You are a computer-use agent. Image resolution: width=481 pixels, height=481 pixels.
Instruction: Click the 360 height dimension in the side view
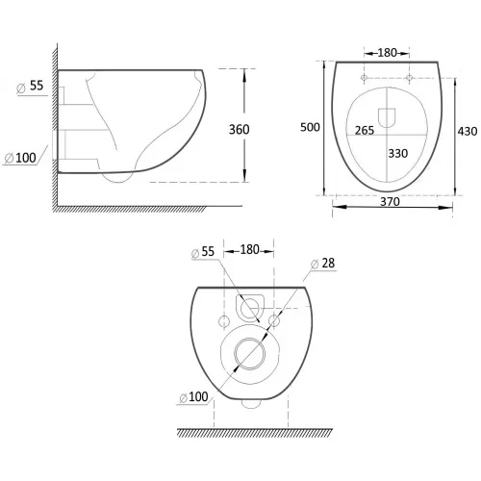(x=239, y=130)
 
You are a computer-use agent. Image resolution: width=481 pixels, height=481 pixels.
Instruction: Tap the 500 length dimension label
(x=310, y=127)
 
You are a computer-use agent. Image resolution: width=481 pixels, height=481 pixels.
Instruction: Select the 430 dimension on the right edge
(x=468, y=131)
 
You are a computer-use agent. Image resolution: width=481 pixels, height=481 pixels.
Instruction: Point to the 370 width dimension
(x=390, y=202)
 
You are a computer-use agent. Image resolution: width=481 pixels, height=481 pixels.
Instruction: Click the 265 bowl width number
(x=365, y=130)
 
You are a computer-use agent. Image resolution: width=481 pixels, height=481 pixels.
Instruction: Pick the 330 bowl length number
(x=398, y=153)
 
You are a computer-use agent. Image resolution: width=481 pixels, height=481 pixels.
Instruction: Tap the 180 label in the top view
(x=387, y=53)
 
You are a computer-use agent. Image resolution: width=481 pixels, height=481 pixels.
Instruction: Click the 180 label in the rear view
(x=249, y=249)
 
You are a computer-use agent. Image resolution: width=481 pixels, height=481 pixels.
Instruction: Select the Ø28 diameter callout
(x=323, y=264)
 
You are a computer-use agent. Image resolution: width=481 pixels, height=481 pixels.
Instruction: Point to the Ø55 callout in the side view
(x=30, y=87)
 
